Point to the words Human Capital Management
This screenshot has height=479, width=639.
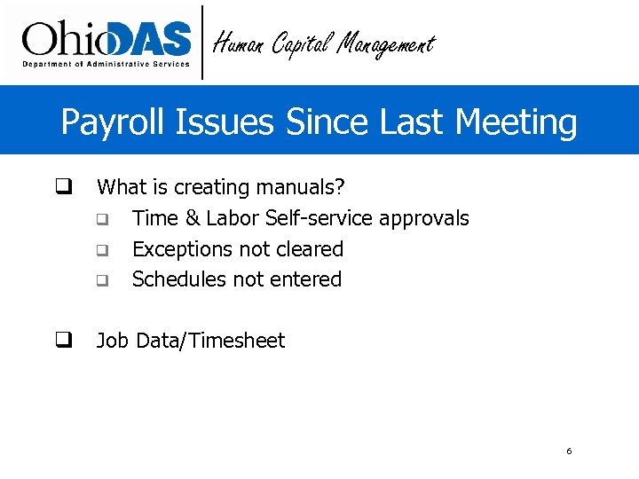323,43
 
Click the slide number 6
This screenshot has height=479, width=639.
569,452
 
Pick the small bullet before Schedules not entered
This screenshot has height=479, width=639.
102,281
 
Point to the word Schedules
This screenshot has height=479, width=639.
178,279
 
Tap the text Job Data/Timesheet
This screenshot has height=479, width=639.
190,341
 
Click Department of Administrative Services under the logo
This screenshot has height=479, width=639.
106,64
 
